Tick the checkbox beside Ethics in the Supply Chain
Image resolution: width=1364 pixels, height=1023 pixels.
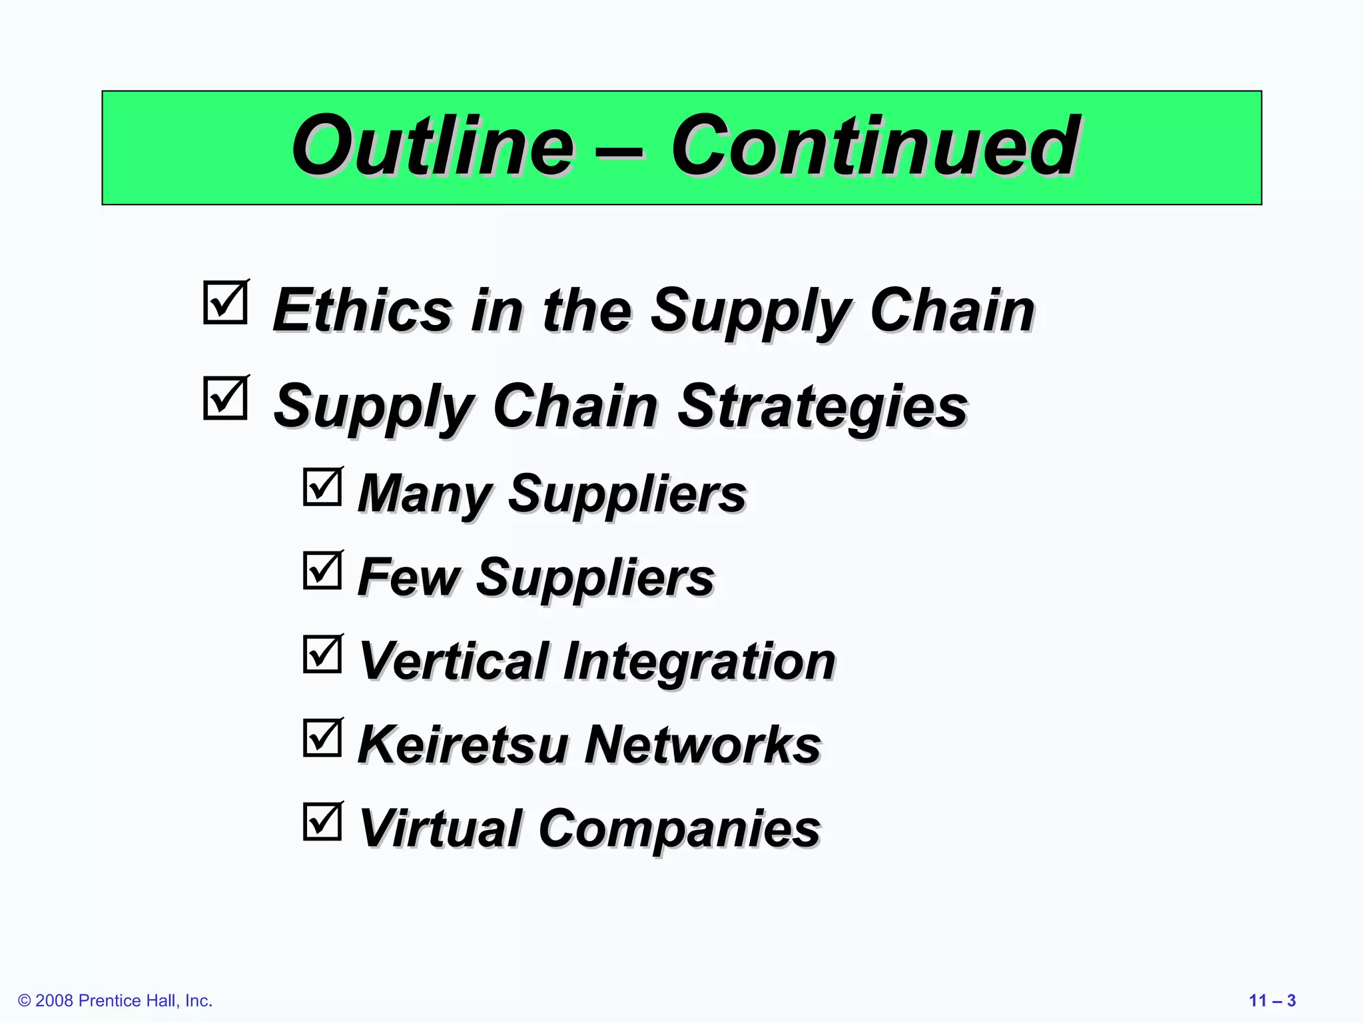[x=225, y=303]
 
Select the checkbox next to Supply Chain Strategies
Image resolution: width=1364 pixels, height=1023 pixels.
[x=225, y=399]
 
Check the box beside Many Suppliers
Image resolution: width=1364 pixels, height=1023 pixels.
[x=322, y=487]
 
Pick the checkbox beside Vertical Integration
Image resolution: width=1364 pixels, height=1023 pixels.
[x=322, y=654]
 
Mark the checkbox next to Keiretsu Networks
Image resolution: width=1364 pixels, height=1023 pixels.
[x=322, y=737]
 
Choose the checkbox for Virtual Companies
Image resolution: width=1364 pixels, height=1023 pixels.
[x=322, y=821]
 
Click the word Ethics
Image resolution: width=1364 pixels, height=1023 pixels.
[x=363, y=310]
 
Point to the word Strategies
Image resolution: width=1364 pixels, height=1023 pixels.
[x=823, y=406]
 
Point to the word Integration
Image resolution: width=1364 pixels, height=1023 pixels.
[x=699, y=661]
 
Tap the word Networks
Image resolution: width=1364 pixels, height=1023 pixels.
[x=703, y=745]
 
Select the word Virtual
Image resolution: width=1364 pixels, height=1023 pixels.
[x=440, y=828]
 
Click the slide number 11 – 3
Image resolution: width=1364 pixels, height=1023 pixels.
[x=1272, y=1000]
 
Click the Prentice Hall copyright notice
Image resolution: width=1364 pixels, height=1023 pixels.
[x=115, y=1000]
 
